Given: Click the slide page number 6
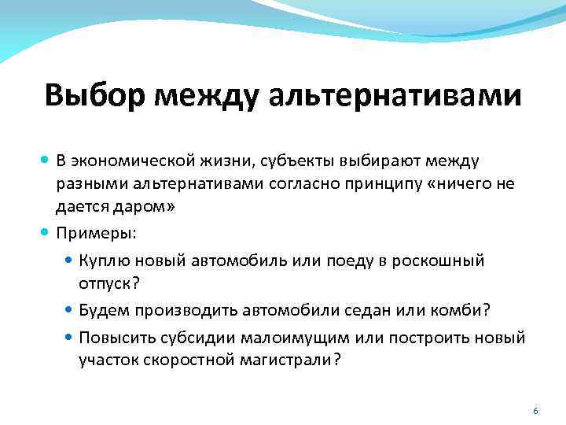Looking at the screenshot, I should [x=535, y=412].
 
